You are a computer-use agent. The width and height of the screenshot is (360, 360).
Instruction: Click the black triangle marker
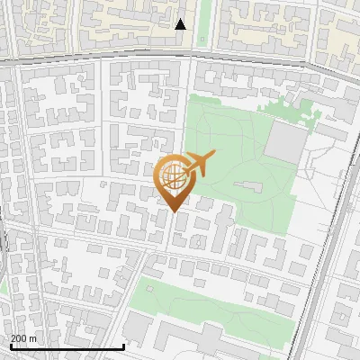[180, 24]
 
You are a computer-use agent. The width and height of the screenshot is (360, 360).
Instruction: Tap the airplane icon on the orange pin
[197, 163]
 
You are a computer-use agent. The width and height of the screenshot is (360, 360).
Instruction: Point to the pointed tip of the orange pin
[173, 211]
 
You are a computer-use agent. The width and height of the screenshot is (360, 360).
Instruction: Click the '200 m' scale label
[24, 338]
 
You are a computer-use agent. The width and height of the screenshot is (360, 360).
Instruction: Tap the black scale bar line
[67, 346]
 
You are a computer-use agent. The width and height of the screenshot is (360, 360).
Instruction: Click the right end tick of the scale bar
[123, 346]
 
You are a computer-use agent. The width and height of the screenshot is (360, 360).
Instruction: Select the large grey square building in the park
[287, 142]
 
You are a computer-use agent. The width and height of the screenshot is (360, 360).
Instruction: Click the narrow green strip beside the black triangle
[203, 22]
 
